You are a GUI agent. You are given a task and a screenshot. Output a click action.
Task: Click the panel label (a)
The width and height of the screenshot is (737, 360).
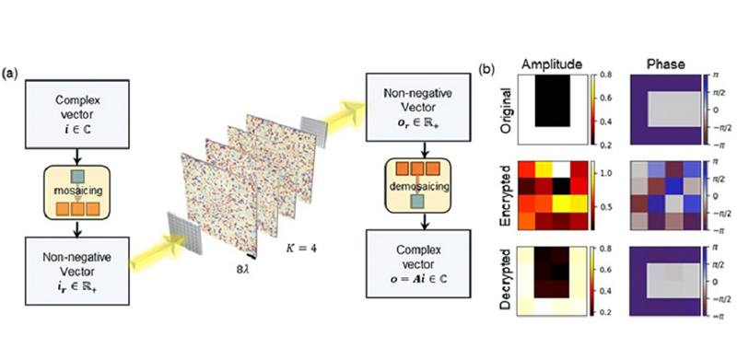[13, 71]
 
